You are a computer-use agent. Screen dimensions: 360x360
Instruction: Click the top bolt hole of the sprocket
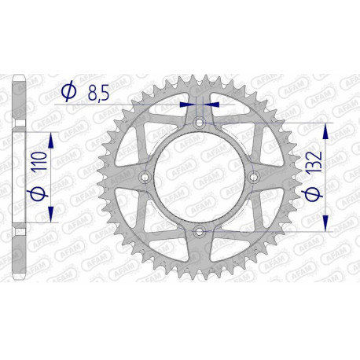199,123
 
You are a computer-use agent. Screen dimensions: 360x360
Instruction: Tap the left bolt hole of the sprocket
145,178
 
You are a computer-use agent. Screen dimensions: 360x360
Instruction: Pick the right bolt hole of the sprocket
253,178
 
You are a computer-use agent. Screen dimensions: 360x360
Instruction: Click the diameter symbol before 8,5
68,93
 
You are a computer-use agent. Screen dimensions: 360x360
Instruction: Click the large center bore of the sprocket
199,178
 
